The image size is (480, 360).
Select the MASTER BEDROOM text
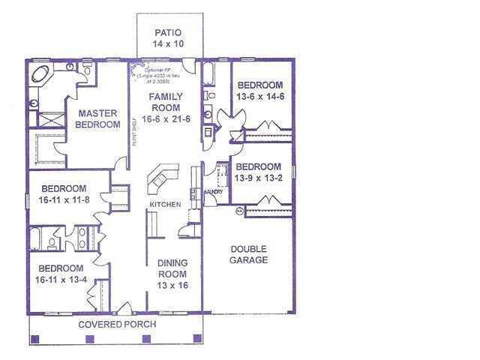pos(98,118)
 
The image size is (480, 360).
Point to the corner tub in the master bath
pos(40,74)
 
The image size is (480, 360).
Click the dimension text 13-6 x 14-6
pos(259,97)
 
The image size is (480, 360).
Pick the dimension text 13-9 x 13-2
pos(259,178)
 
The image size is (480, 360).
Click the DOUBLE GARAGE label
pos(249,254)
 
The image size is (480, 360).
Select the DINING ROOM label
pos(172,268)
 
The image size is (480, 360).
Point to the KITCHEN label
pos(165,205)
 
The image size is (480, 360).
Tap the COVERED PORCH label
pos(118,325)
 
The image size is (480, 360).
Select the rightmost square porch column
pos(197,339)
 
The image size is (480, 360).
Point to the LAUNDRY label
pos(211,192)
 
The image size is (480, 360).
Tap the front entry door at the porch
pos(125,308)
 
